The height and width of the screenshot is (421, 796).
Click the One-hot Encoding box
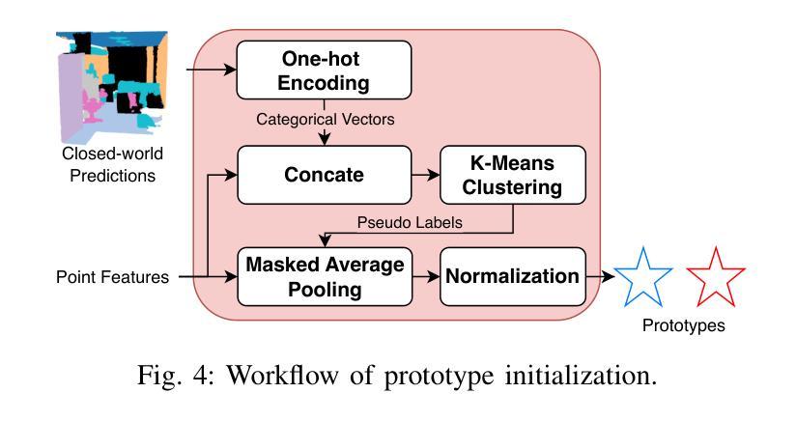324,70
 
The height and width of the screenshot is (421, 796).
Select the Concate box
324,175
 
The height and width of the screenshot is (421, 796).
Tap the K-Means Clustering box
513,175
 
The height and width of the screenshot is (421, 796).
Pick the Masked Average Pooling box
325,276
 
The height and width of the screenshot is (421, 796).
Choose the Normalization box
513,276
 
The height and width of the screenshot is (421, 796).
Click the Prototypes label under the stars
683,325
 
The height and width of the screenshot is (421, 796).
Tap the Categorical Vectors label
325,119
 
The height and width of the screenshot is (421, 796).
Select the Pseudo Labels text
410,222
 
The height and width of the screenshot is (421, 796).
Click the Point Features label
112,277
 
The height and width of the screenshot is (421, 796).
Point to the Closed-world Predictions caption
112,164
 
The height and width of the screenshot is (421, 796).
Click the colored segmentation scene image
112,86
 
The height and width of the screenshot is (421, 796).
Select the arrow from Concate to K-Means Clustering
425,175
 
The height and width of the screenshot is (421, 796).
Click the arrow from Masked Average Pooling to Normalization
426,276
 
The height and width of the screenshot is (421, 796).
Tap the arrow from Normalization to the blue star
600,276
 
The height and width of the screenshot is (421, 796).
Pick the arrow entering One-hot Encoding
212,70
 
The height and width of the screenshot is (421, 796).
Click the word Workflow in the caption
282,376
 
